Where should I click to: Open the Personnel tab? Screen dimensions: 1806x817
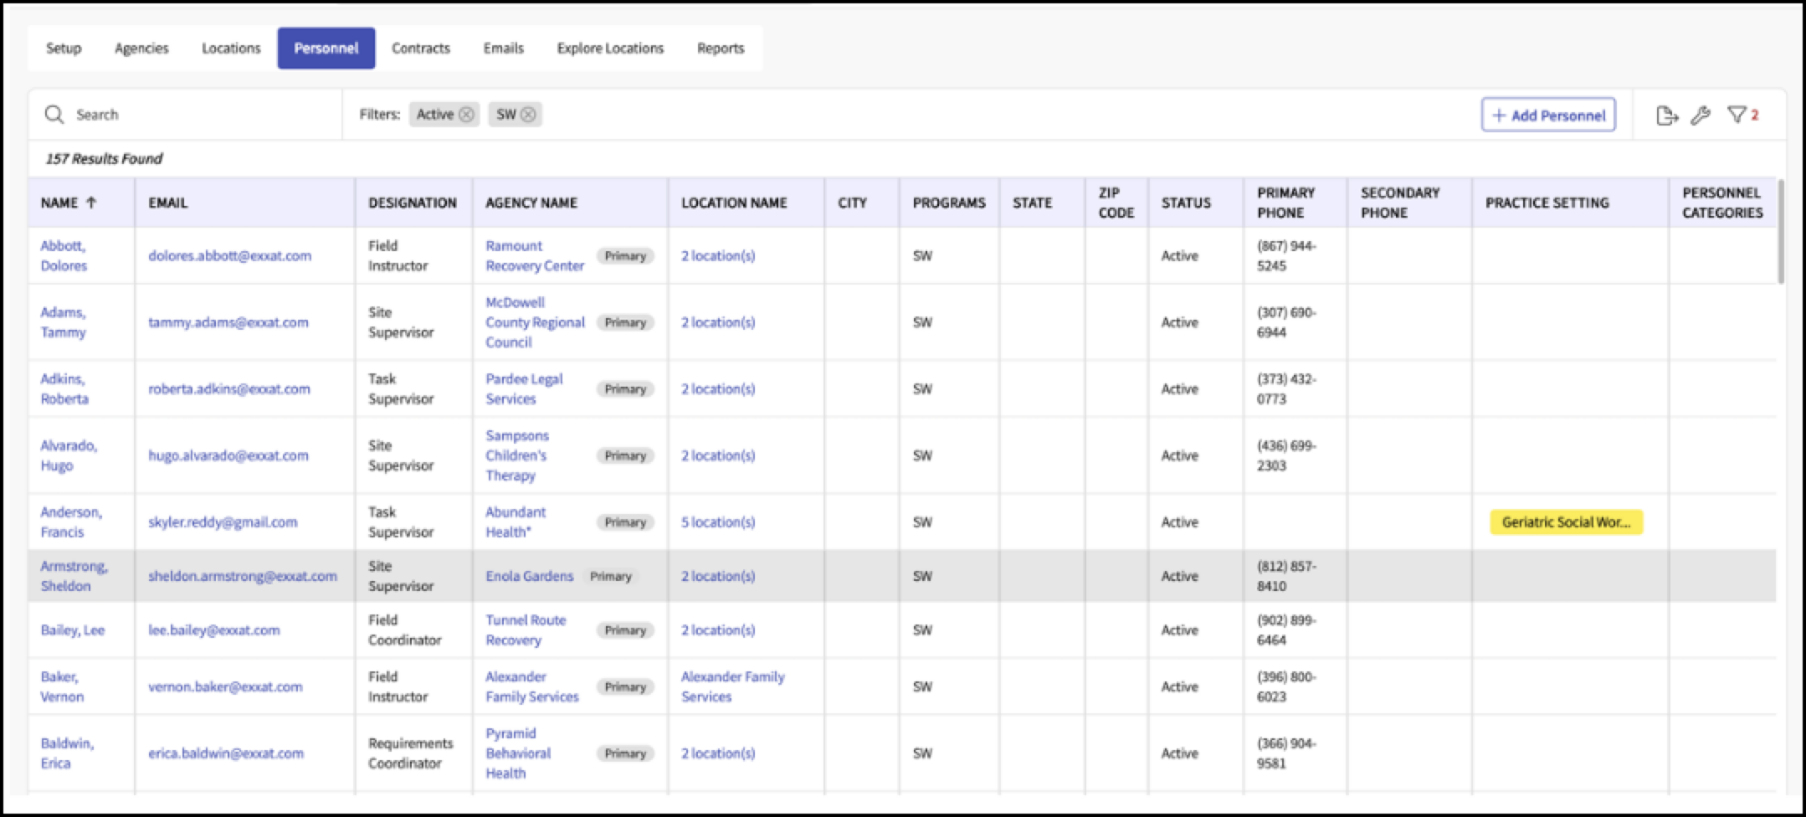coord(326,48)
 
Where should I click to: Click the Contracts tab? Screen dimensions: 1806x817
coord(421,48)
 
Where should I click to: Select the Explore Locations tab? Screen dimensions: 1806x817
coord(610,48)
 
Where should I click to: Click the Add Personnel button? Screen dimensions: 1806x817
coord(1548,115)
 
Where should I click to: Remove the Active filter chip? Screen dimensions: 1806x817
coord(466,115)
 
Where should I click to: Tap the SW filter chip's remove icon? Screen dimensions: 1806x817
coord(528,115)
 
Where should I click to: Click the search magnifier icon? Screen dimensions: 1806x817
coord(54,115)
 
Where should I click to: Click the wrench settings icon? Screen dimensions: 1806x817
coord(1700,116)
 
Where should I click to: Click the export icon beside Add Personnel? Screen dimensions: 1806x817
coord(1667,116)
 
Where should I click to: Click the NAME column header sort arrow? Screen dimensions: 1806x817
coord(91,203)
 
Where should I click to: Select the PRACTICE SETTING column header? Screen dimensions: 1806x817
coord(1547,203)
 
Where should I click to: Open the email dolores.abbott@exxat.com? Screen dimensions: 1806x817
coord(229,255)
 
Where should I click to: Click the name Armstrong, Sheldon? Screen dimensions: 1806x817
coord(74,576)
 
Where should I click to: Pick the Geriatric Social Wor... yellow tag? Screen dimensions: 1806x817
coord(1566,522)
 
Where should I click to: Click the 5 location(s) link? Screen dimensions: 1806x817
coord(717,522)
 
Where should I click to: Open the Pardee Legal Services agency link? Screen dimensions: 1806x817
coord(524,388)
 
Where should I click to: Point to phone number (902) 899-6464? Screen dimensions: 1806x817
coord(1286,629)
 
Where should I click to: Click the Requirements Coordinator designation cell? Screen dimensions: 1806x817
coord(410,753)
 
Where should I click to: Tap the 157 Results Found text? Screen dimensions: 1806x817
coord(104,158)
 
